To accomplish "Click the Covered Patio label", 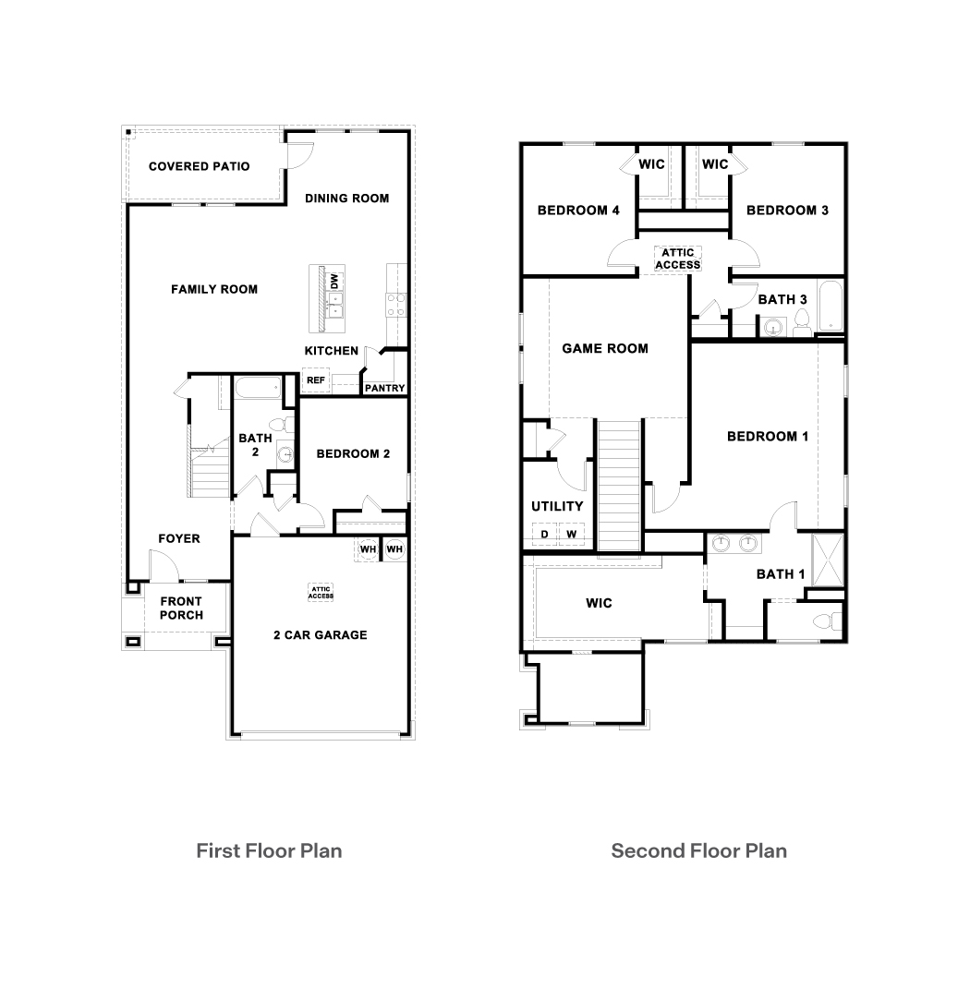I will [x=199, y=167].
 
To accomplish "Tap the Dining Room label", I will [x=346, y=198].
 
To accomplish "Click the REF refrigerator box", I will [x=315, y=380].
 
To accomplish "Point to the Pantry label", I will [x=384, y=388].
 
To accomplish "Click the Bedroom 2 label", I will [x=352, y=453].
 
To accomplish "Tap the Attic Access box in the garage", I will [x=321, y=592].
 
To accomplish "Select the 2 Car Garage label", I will [x=320, y=634].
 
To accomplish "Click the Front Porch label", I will [x=181, y=608].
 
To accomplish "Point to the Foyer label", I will [x=179, y=538].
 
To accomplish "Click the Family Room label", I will [x=214, y=289].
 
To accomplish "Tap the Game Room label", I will [x=605, y=348].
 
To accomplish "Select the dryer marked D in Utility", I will [x=544, y=535].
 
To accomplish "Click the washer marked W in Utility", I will [x=571, y=535].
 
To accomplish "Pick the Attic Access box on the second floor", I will [x=679, y=259].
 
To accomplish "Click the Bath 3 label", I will [x=782, y=299].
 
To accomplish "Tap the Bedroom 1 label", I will [x=767, y=436].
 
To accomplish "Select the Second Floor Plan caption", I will [x=698, y=850].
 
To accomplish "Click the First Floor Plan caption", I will [x=269, y=850].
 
